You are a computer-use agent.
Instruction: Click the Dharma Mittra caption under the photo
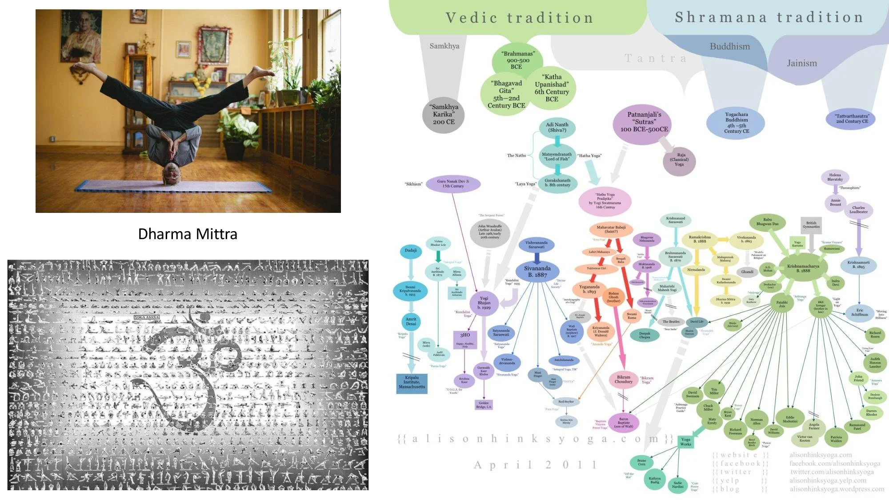[x=188, y=234]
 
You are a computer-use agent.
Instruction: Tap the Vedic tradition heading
[x=519, y=18]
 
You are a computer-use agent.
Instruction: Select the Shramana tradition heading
[x=769, y=17]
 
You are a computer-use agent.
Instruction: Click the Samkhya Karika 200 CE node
[x=444, y=114]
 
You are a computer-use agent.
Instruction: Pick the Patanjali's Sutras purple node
[x=644, y=122]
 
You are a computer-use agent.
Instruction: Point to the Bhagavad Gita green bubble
[x=506, y=94]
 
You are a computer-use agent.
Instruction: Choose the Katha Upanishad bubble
[x=552, y=88]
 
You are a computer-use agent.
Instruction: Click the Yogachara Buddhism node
[x=736, y=123]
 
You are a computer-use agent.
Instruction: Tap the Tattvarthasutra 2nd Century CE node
[x=852, y=119]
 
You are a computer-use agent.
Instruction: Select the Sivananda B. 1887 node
[x=537, y=272]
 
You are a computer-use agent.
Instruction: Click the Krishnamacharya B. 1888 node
[x=803, y=268]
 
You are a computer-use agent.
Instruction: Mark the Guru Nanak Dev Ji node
[x=453, y=184]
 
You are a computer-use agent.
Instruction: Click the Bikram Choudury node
[x=623, y=379]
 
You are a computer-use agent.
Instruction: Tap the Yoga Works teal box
[x=685, y=442]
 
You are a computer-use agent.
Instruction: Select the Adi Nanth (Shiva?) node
[x=557, y=128]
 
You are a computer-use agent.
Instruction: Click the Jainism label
[x=801, y=63]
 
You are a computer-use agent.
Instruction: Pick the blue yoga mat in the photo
[x=173, y=187]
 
